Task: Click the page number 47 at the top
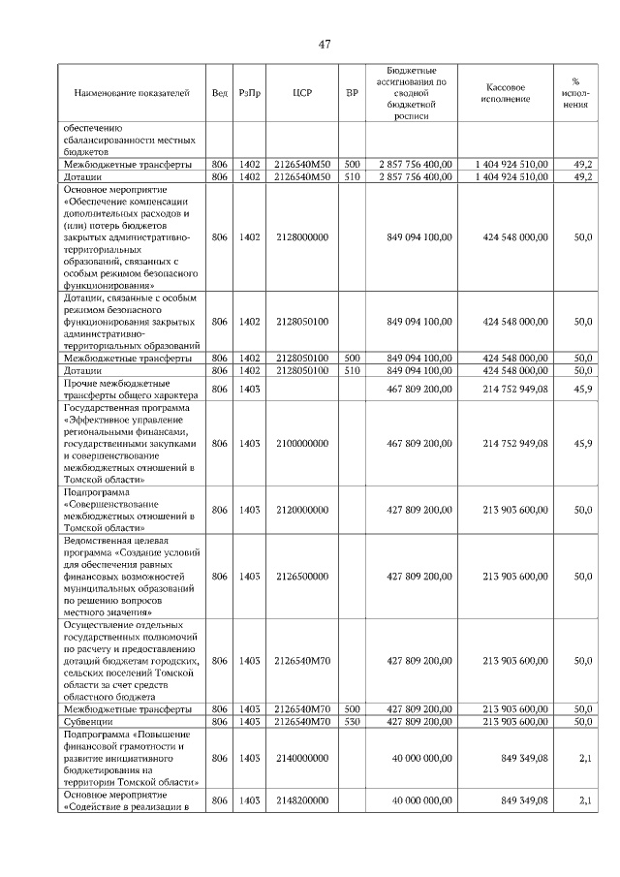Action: pos(325,44)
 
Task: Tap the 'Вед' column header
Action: pos(220,93)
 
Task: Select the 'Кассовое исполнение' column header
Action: pos(505,93)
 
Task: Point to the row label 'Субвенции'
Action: pos(88,722)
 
